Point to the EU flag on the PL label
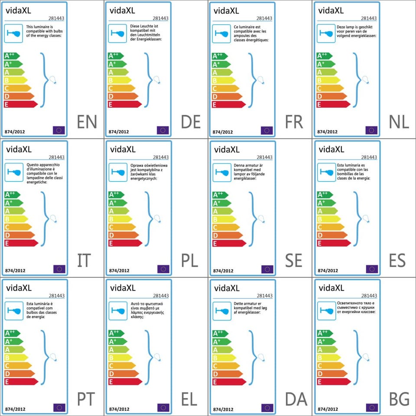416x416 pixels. (163, 269)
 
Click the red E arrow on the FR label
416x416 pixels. (228, 104)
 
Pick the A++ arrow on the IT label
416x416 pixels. (12, 195)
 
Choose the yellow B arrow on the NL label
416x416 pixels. (329, 80)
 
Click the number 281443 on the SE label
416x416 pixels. (264, 157)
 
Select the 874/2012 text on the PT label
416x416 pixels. (15, 409)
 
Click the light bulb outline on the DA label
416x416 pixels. (261, 357)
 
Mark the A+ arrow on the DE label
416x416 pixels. (117, 64)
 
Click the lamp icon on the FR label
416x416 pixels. (219, 33)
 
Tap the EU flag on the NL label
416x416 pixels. (371, 130)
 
